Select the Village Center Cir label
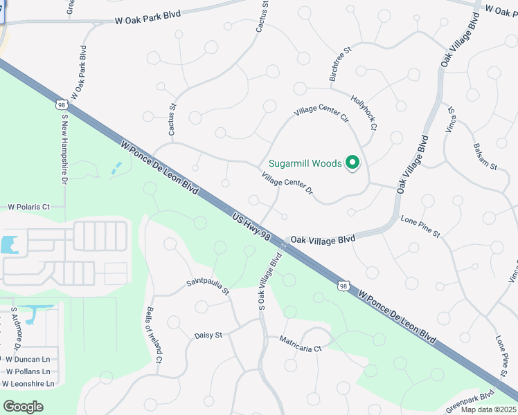point(321,112)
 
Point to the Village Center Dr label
point(287,183)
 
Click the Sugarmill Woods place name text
point(305,163)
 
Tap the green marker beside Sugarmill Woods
point(352,163)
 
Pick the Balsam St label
point(485,157)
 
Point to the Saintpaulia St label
point(207,286)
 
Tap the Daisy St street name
point(208,335)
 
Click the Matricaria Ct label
point(301,344)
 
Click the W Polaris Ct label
point(29,206)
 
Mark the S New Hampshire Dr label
point(64,148)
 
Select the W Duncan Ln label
point(28,360)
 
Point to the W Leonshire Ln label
point(28,383)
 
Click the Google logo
point(23,406)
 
